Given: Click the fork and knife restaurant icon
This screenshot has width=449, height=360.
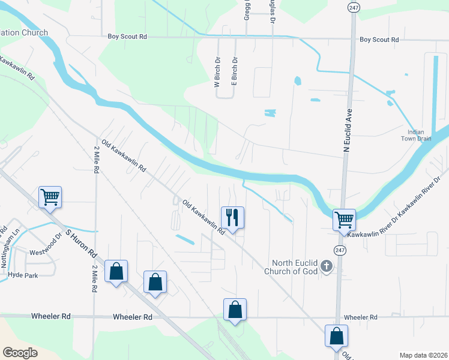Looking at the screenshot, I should (x=232, y=217).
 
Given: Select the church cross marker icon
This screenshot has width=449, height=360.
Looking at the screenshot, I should (x=326, y=266).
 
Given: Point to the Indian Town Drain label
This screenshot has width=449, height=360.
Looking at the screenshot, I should (x=416, y=135).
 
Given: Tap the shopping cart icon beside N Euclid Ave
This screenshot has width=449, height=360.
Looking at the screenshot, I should (x=344, y=220).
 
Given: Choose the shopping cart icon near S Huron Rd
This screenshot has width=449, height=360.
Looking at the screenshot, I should (x=50, y=196).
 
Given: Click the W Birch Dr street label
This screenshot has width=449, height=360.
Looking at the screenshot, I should (x=217, y=73).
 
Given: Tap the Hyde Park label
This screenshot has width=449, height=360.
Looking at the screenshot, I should (x=23, y=274).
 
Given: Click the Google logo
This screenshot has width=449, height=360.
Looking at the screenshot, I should (x=20, y=352).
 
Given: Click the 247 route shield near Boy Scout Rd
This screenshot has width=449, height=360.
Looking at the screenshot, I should (x=352, y=5).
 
